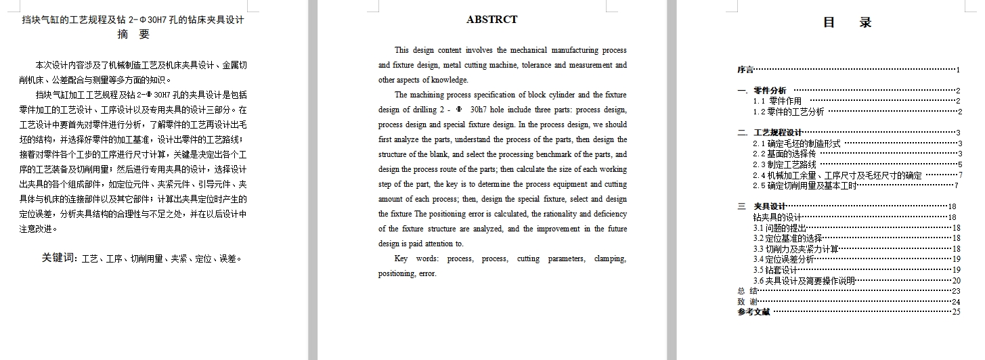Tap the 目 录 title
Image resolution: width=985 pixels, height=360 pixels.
tap(847, 22)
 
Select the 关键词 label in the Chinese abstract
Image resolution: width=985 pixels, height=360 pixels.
tap(60, 258)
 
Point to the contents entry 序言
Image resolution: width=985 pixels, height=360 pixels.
tap(745, 70)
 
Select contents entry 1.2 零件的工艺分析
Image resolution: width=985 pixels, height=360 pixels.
tap(789, 112)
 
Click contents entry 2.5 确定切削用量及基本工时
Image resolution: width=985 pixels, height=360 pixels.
tap(795, 185)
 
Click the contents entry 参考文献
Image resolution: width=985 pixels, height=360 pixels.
tap(753, 312)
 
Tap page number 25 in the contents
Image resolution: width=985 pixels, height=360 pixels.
tap(956, 312)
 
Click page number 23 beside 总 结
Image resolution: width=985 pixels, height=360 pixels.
tap(956, 291)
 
